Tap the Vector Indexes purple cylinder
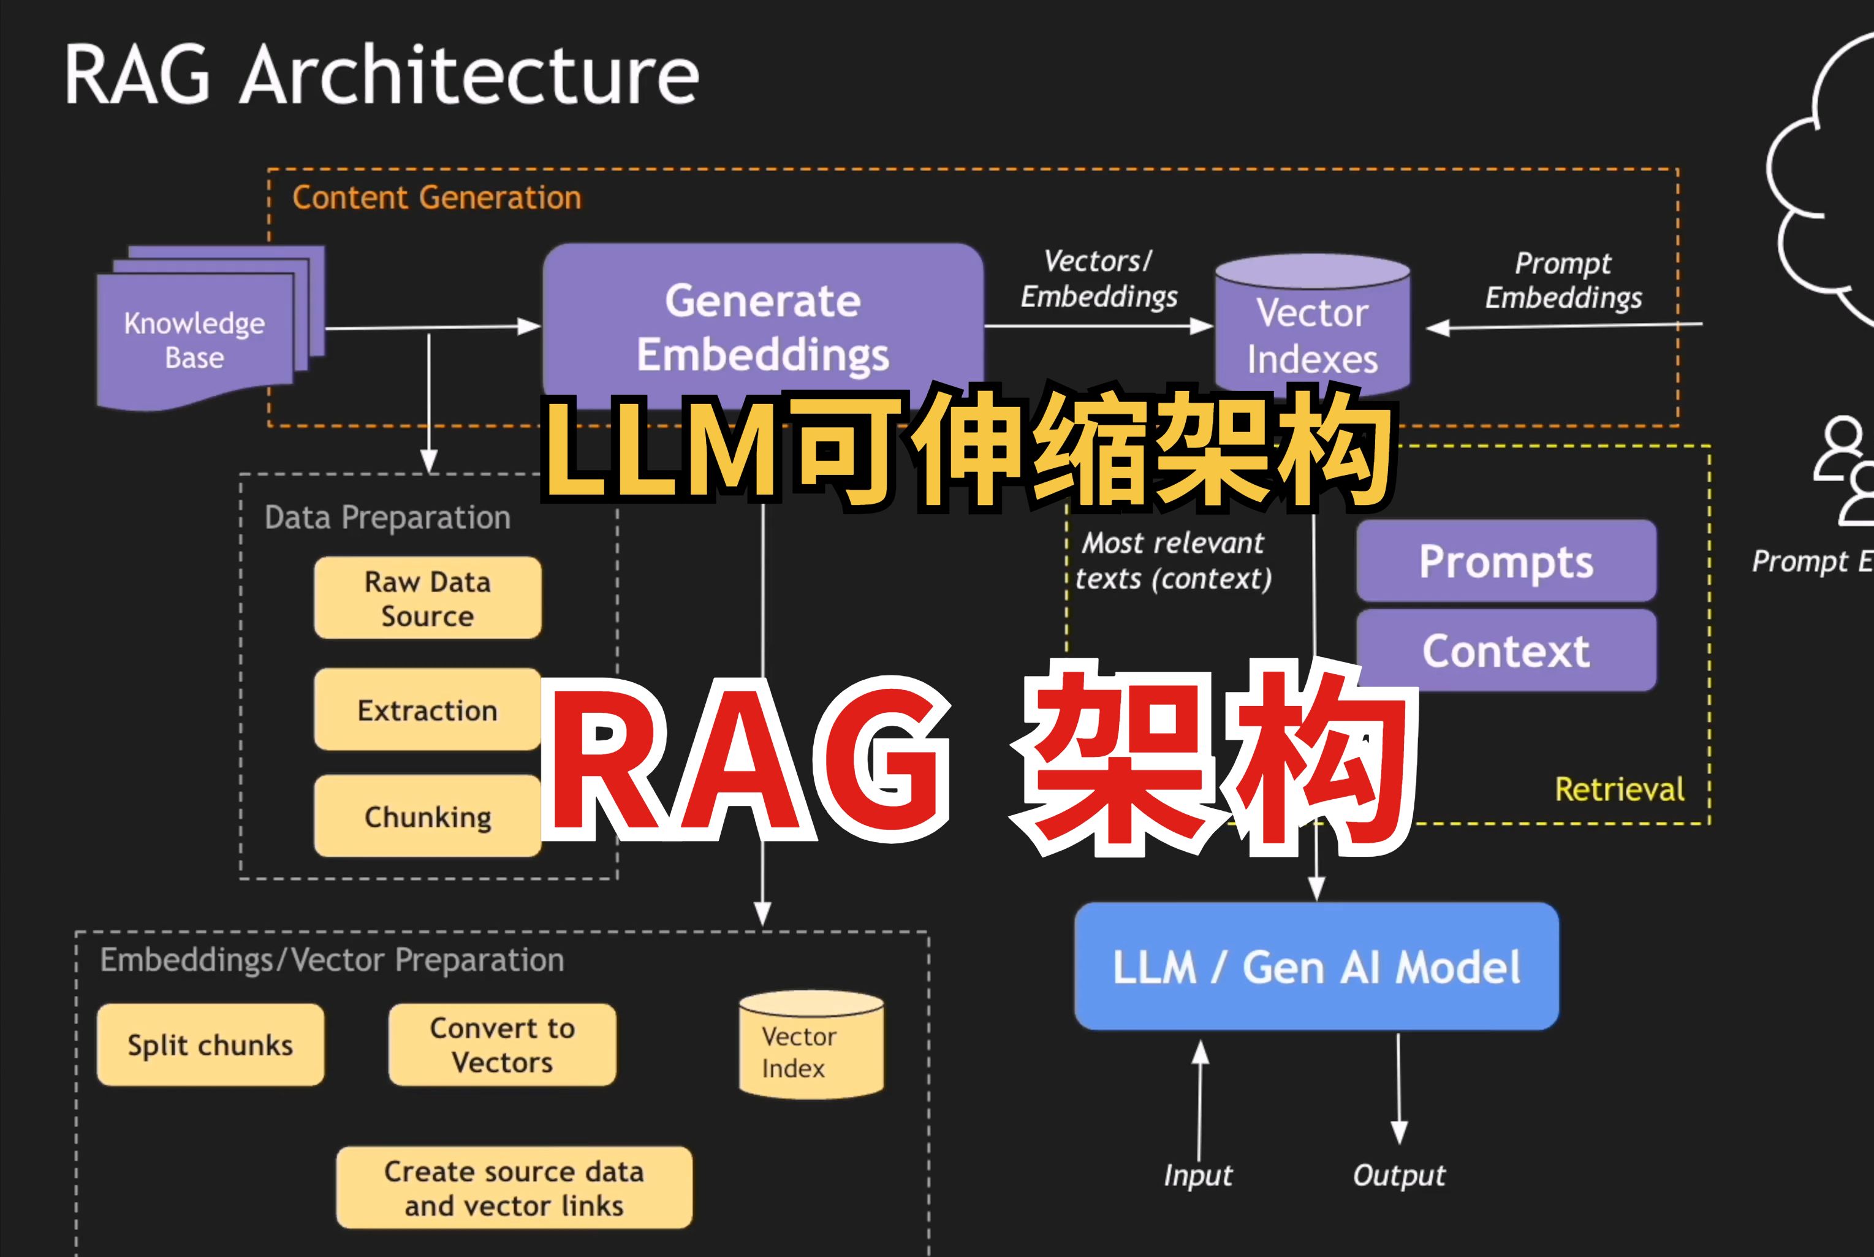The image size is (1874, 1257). pyautogui.click(x=1312, y=325)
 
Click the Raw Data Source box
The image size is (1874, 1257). pyautogui.click(x=427, y=598)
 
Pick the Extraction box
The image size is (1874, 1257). pyautogui.click(x=427, y=710)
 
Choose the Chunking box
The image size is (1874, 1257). pyautogui.click(x=427, y=816)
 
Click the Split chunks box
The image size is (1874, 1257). pyautogui.click(x=211, y=1044)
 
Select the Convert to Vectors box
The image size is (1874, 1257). pyautogui.click(x=503, y=1044)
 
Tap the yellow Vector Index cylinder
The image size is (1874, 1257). pyautogui.click(x=811, y=1044)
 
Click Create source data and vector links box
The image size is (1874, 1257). pyautogui.click(x=514, y=1187)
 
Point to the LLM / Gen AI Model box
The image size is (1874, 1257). pyautogui.click(x=1317, y=966)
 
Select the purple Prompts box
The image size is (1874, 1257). pyautogui.click(x=1506, y=560)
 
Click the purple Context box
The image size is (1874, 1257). pyautogui.click(x=1506, y=650)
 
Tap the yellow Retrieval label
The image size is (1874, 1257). pyautogui.click(x=1620, y=789)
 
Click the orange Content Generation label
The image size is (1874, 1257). pyautogui.click(x=437, y=197)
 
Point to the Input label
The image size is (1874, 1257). pyautogui.click(x=1198, y=1175)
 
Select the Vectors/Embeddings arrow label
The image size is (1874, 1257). pyautogui.click(x=1099, y=278)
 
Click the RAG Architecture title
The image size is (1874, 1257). pyautogui.click(x=382, y=75)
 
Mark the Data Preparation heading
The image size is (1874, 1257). pyautogui.click(x=387, y=518)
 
